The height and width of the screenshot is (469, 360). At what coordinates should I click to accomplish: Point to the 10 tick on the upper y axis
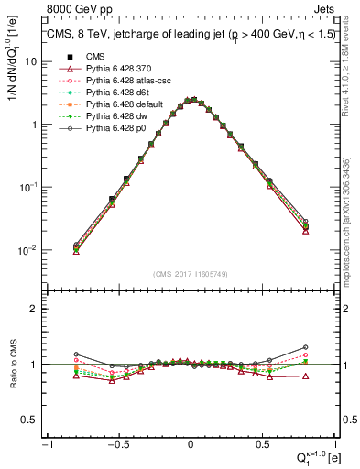pos(34,61)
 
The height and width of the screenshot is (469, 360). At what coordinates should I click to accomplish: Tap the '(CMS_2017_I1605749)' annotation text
pos(190,274)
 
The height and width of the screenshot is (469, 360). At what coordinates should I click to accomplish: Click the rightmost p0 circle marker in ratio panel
pos(305,347)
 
